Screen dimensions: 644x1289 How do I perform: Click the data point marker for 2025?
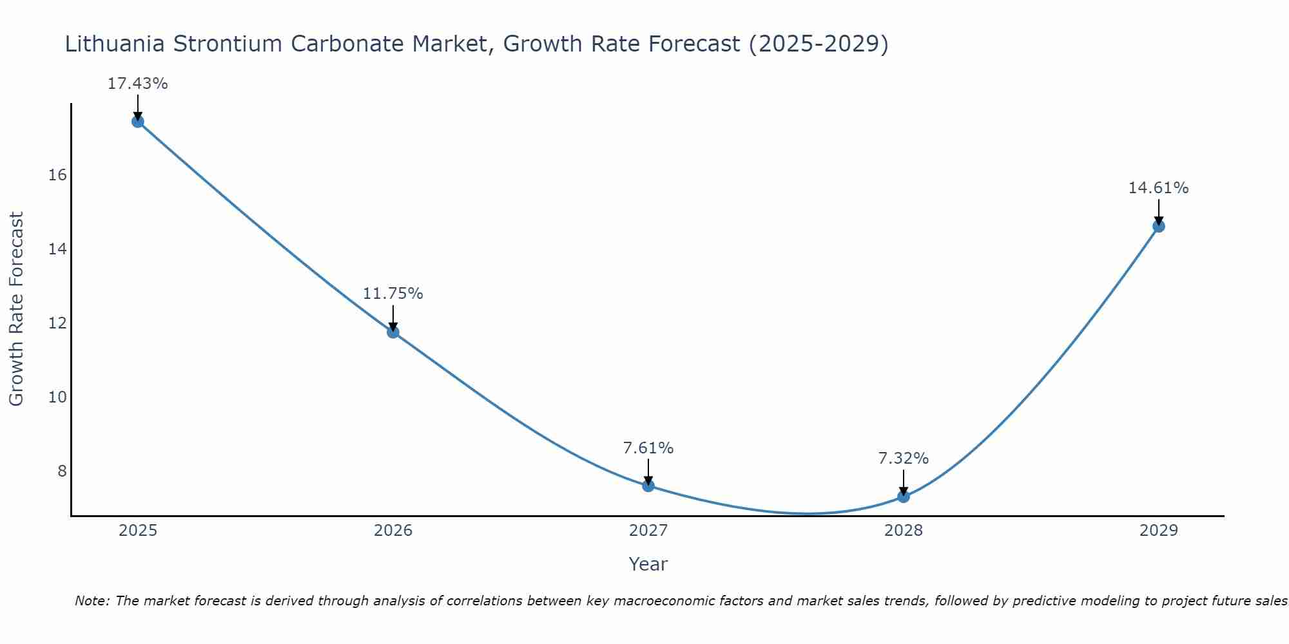(x=138, y=122)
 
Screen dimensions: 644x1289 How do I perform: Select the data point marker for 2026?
(x=393, y=332)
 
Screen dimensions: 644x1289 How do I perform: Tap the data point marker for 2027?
(x=648, y=486)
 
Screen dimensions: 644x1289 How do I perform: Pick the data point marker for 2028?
(x=904, y=497)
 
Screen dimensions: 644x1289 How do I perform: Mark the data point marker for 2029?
(x=1159, y=226)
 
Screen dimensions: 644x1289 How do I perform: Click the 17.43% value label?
(x=138, y=84)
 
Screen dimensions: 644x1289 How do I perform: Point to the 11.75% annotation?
(x=393, y=294)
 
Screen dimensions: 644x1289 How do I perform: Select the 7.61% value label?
(x=648, y=448)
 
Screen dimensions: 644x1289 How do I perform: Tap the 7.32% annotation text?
(x=904, y=459)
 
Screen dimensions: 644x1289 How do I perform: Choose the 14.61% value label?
(x=1159, y=188)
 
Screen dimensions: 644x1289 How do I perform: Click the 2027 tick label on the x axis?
(x=648, y=531)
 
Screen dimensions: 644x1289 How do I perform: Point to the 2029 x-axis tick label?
(x=1159, y=531)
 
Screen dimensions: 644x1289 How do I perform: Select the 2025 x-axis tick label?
(x=138, y=531)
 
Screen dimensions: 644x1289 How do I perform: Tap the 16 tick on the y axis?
(x=58, y=175)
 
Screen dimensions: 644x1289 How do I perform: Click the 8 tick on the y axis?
(x=62, y=471)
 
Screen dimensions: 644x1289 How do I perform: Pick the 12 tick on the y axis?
(x=58, y=323)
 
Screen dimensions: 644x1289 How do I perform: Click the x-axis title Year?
(x=648, y=564)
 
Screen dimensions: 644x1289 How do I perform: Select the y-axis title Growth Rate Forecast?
(x=17, y=309)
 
